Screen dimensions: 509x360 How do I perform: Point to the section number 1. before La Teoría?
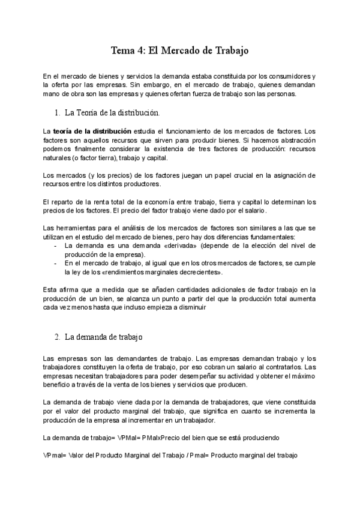[56, 112]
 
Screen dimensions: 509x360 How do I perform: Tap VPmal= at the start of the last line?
[55, 455]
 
